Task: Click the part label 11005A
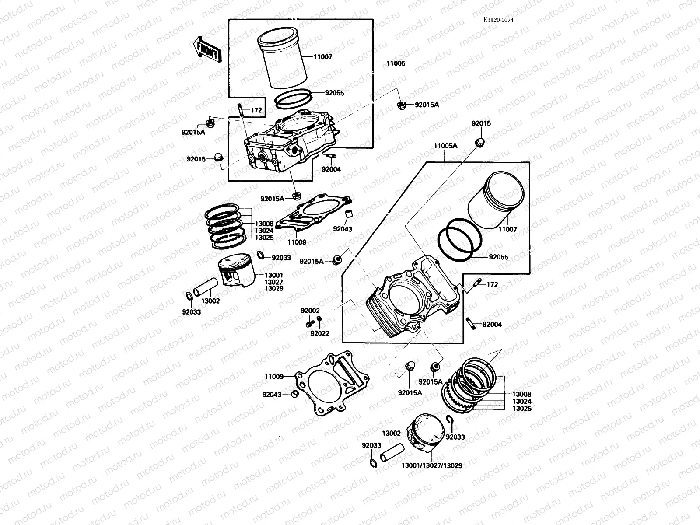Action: coord(445,146)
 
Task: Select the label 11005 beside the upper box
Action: coord(395,63)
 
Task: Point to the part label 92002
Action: coord(310,311)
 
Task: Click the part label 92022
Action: coord(319,333)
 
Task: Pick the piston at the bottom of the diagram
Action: coord(426,434)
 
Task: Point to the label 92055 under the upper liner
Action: coord(334,93)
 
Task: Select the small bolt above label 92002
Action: coord(310,324)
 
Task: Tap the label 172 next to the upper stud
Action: coord(256,110)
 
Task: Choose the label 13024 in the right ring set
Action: coord(522,401)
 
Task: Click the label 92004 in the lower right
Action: coord(492,325)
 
